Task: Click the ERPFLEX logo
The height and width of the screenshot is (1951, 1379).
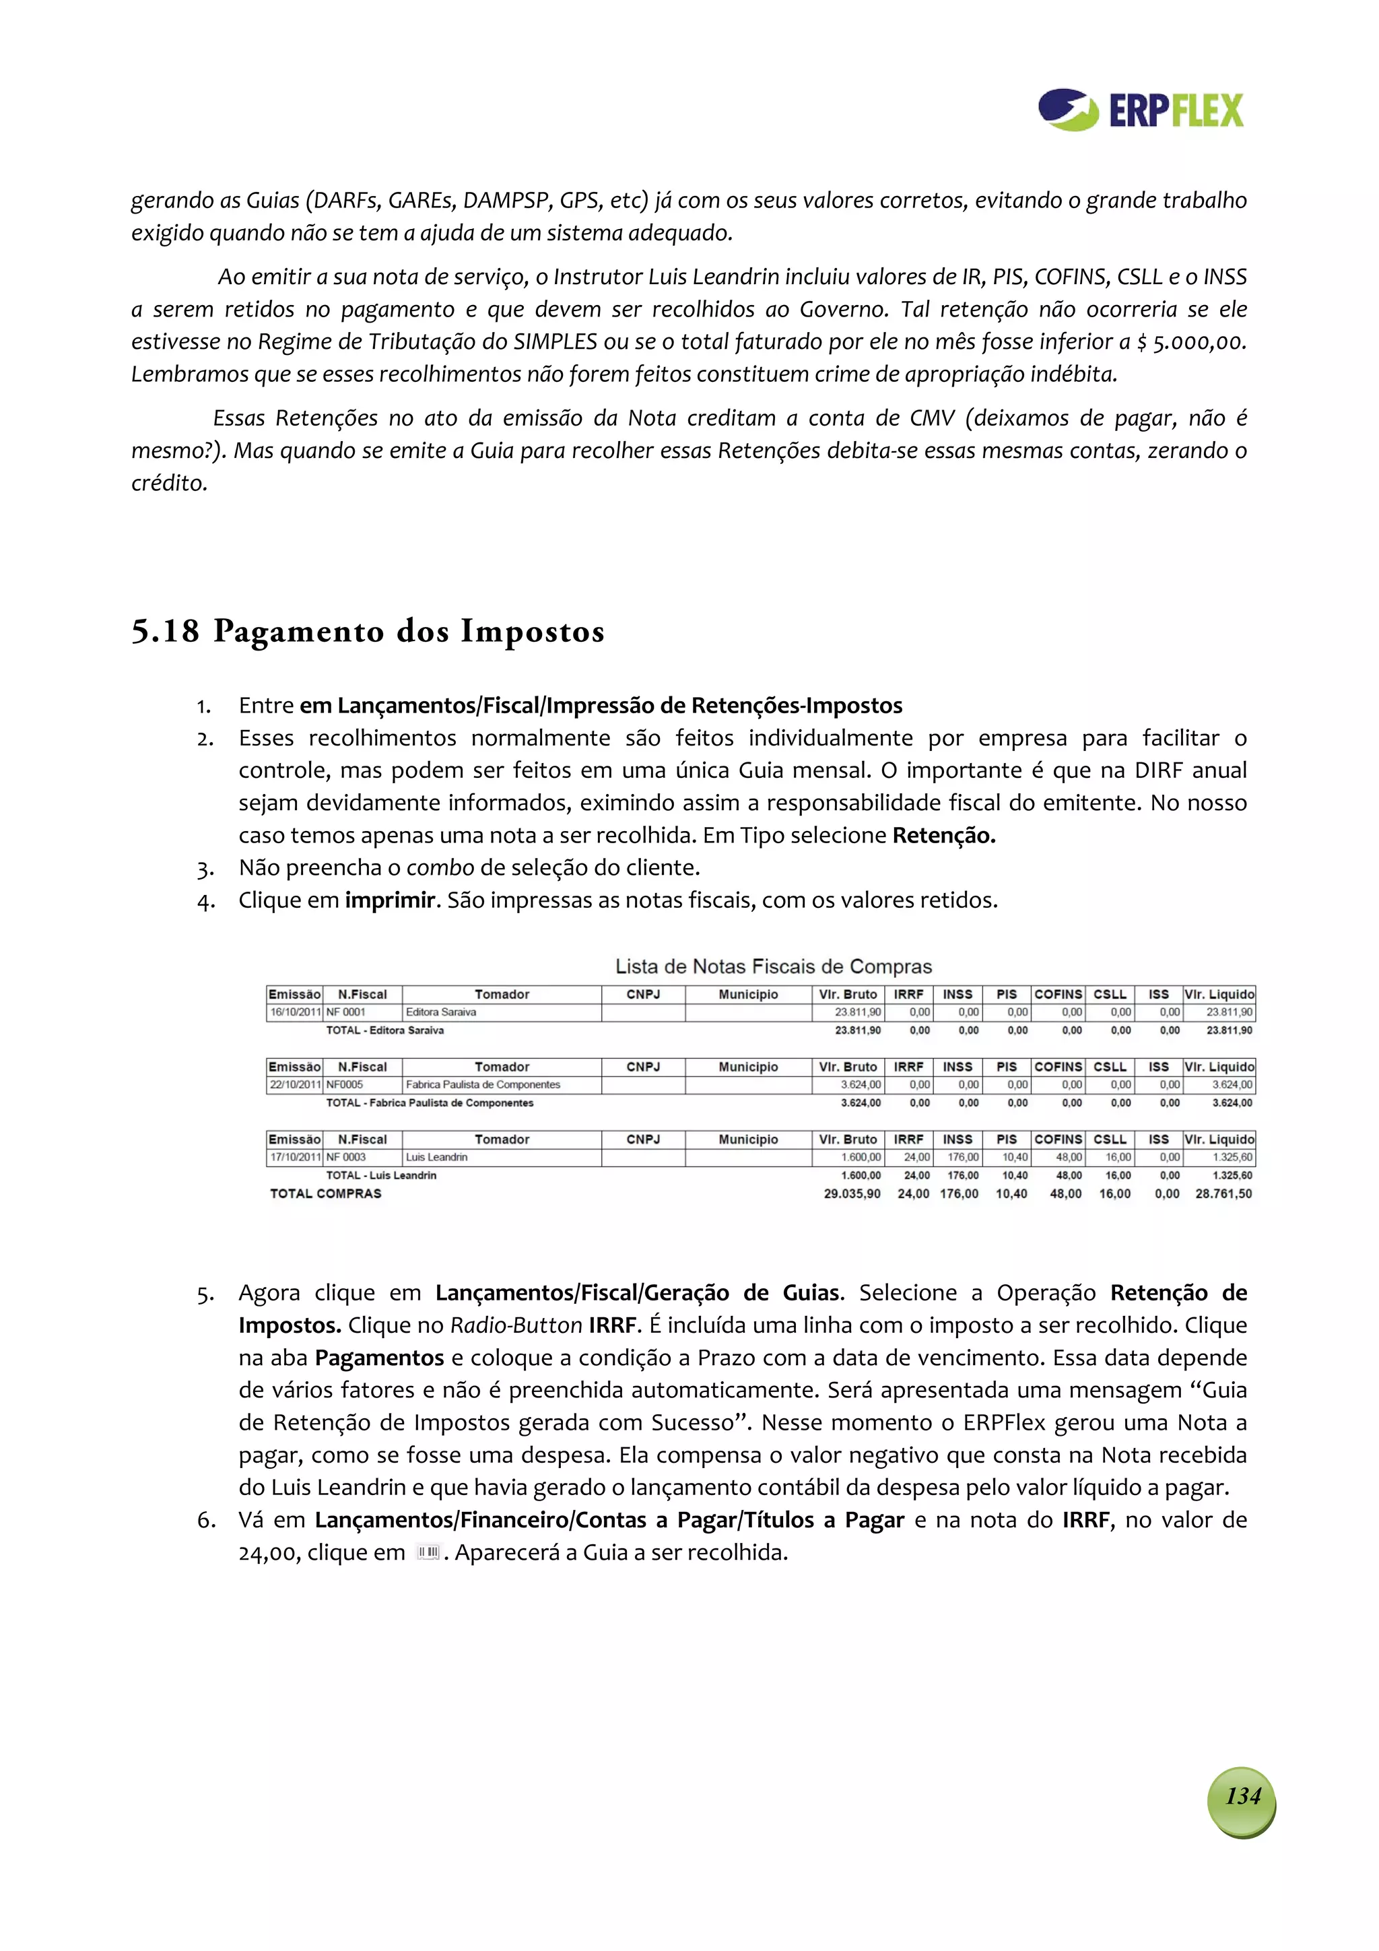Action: click(x=1140, y=110)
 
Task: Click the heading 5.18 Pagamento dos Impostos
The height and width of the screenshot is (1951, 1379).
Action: click(x=367, y=631)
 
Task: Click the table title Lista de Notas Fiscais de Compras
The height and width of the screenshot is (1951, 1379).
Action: click(x=772, y=966)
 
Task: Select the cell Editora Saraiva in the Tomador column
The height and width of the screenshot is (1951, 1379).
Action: click(x=441, y=1012)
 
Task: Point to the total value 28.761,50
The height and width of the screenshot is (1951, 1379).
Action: click(x=1223, y=1193)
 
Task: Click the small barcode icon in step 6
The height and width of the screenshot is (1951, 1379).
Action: click(x=428, y=1552)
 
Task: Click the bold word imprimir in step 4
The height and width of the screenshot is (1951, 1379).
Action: click(x=390, y=900)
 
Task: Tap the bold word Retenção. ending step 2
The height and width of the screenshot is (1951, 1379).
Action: click(x=943, y=835)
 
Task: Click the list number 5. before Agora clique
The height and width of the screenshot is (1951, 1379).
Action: click(x=205, y=1294)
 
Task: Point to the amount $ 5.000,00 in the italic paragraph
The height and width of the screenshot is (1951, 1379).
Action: click(x=1191, y=341)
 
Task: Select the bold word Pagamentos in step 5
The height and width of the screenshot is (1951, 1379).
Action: click(x=379, y=1358)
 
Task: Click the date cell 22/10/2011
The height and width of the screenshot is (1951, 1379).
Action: click(x=294, y=1084)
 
